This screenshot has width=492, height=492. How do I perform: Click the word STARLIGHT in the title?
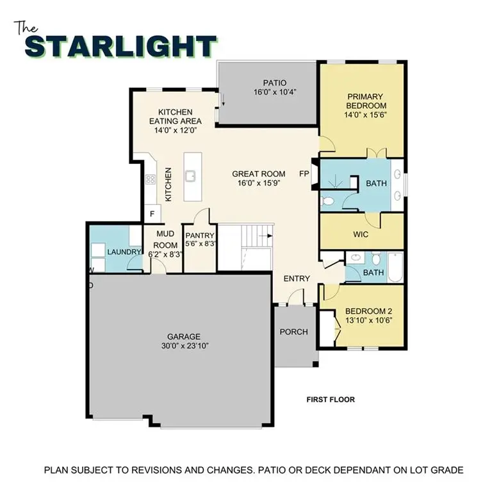(122, 47)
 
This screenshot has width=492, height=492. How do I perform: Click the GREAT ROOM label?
(258, 174)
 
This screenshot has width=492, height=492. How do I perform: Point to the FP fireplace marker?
(304, 174)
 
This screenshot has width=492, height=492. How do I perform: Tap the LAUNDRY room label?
(124, 252)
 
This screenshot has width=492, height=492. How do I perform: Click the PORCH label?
(294, 332)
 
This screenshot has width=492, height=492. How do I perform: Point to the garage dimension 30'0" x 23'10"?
(184, 346)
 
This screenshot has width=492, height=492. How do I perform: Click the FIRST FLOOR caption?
(330, 400)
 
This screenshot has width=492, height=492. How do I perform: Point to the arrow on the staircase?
(265, 236)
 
